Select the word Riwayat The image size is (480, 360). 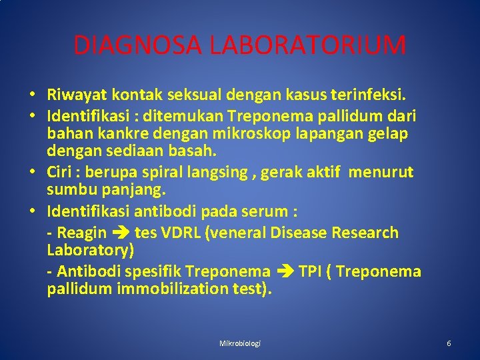pos(75,95)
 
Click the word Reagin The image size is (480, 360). pos(81,233)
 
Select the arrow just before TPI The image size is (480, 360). pos(285,272)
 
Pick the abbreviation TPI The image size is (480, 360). pos(312,271)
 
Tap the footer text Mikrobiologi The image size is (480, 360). pos(240,343)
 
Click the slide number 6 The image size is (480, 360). pos(449,343)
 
